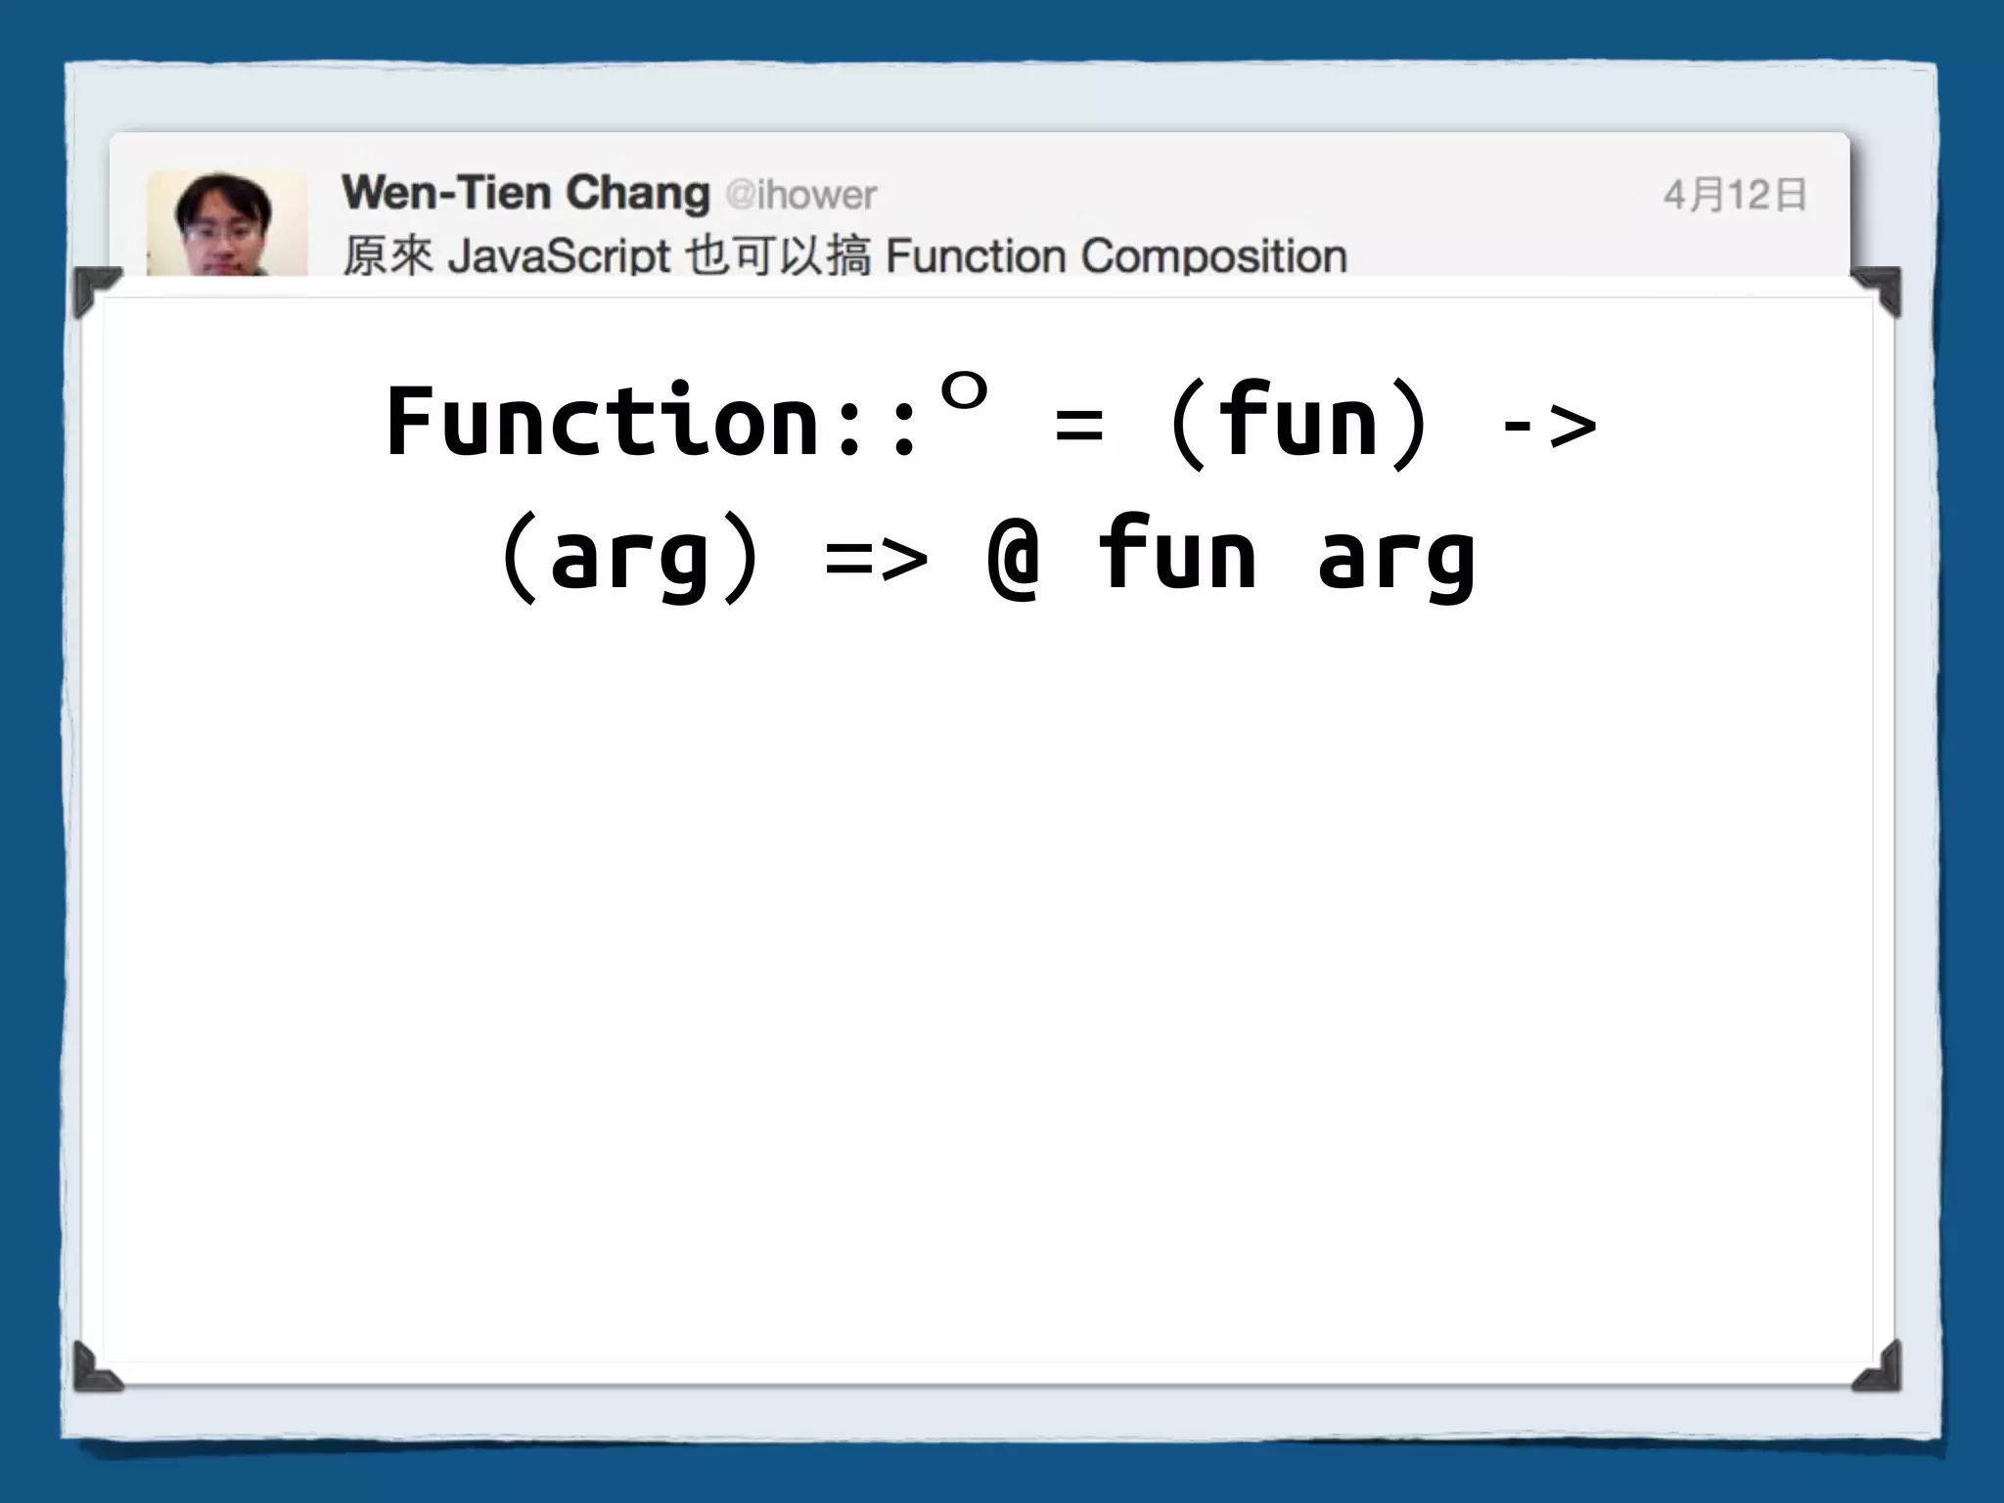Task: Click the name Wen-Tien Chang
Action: [525, 193]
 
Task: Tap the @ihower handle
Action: [801, 195]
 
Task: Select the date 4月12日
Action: [1734, 195]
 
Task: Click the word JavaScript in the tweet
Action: [559, 256]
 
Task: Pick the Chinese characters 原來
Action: [387, 256]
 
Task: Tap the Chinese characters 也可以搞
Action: [778, 256]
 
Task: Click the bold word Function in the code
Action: [603, 422]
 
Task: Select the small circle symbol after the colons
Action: [964, 392]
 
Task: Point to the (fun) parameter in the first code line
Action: [1298, 422]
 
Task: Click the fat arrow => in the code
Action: [876, 560]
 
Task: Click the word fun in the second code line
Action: [1177, 554]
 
